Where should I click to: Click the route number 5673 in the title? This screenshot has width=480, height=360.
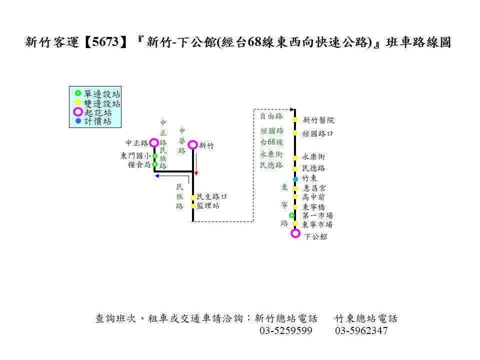pyautogui.click(x=105, y=41)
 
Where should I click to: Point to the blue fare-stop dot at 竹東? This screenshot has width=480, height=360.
pyautogui.click(x=295, y=179)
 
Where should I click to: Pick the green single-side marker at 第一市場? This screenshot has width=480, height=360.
pyautogui.click(x=291, y=215)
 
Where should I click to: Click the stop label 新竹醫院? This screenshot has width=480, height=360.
pyautogui.click(x=318, y=120)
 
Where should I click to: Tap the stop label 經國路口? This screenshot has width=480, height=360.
pyautogui.click(x=317, y=133)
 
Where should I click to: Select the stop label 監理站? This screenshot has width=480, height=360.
pyautogui.click(x=208, y=205)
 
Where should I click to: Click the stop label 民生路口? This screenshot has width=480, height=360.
pyautogui.click(x=212, y=196)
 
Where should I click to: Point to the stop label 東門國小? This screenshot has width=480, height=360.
pyautogui.click(x=135, y=156)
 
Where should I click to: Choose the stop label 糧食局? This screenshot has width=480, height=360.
pyautogui.click(x=139, y=164)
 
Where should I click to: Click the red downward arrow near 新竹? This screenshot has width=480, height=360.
pyautogui.click(x=196, y=164)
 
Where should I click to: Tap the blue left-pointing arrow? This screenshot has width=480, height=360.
pyautogui.click(x=171, y=176)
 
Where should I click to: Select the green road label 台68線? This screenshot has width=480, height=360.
pyautogui.click(x=271, y=142)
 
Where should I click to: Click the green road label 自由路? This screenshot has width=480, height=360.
pyautogui.click(x=271, y=116)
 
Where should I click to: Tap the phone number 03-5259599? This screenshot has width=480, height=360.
pyautogui.click(x=286, y=330)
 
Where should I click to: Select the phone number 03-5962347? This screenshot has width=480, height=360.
pyautogui.click(x=361, y=330)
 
